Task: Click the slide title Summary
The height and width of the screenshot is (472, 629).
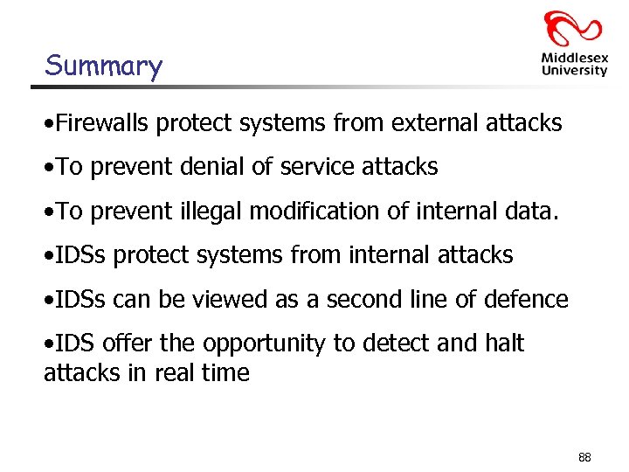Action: point(103,66)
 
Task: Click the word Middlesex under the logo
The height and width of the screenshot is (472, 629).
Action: point(573,59)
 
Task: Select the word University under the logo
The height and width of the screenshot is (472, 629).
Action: point(574,71)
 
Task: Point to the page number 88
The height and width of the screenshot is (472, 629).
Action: point(584,457)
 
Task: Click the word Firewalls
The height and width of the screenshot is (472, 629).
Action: point(100,123)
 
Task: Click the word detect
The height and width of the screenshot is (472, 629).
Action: point(387,344)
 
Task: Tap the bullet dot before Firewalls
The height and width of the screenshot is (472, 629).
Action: point(48,124)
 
